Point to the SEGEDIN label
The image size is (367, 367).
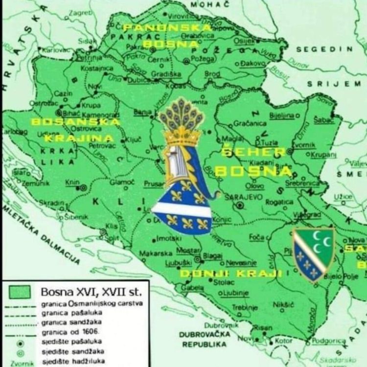324,49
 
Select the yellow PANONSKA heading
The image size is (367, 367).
167,28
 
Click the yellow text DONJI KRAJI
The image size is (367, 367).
231,274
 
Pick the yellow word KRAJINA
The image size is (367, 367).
79,138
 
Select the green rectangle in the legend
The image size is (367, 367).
20,292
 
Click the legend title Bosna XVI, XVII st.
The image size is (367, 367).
91,292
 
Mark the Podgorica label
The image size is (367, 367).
329,340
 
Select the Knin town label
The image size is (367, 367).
72,183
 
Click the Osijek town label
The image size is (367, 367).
244,41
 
